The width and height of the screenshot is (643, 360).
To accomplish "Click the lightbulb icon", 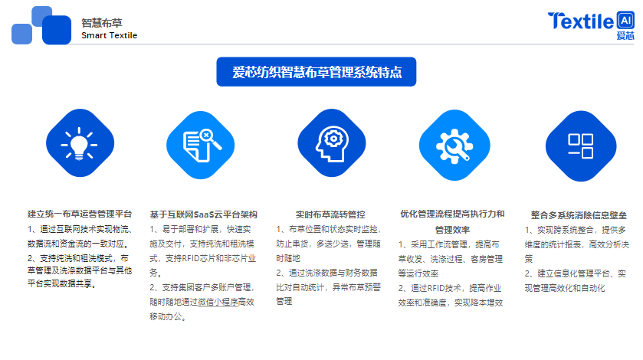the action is tap(79, 144).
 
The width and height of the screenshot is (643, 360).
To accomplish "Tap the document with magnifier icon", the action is tap(202, 146).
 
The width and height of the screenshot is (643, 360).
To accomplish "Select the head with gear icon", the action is tap(332, 144).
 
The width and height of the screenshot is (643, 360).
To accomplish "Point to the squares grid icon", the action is tap(580, 146).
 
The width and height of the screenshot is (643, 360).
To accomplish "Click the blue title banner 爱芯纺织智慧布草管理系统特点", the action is tap(317, 72).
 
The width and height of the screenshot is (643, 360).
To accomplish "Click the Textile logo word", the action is tap(581, 21).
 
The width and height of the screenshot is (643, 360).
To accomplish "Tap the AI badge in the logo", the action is tap(625, 20).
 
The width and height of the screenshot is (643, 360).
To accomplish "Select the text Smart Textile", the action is tap(109, 36).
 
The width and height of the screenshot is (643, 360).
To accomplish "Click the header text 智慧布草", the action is tap(102, 23).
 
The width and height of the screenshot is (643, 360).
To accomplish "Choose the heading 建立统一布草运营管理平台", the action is tap(80, 214).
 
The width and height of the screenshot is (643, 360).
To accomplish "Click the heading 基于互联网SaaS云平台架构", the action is tap(203, 214).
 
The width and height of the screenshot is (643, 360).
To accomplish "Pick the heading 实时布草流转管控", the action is tap(330, 214).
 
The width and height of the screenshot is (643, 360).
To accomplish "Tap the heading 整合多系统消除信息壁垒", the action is tap(579, 215).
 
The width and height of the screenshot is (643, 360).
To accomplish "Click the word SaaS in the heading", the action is tap(202, 214).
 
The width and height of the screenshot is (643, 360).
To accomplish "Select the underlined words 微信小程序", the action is tap(218, 303).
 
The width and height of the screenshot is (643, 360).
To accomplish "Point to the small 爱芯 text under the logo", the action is tap(625, 36).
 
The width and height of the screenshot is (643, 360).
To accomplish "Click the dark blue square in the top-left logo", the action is tap(57, 30).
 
